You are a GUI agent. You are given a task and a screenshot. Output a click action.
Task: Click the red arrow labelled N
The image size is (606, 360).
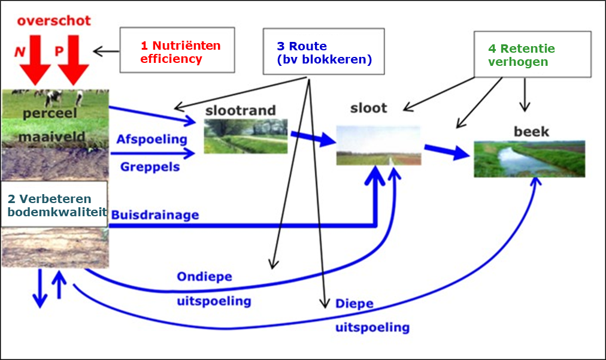point(35,60)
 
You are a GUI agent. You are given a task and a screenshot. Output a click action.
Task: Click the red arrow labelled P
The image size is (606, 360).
point(73,60)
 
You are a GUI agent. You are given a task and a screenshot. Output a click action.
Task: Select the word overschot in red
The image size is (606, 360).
point(54,20)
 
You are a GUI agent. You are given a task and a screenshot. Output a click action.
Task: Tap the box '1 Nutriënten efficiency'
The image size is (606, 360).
point(177,50)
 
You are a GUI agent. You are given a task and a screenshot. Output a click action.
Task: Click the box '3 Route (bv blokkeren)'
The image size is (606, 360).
point(324,52)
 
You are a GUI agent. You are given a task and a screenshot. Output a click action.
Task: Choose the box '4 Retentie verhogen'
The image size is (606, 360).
point(532,54)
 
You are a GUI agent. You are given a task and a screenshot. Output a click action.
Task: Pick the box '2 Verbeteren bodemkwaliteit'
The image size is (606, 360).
point(54,204)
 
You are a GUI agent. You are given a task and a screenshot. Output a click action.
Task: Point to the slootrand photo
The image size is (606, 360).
point(246,136)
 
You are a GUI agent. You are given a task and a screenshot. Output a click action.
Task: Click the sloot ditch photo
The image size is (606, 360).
point(378,146)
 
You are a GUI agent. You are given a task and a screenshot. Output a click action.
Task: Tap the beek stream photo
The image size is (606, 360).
point(529,159)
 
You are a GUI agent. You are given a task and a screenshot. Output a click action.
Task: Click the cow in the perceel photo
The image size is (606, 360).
point(54,98)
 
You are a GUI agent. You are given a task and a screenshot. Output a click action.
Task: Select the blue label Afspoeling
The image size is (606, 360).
point(152,139)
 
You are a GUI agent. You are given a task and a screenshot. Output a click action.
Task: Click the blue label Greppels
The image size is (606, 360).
point(150,167)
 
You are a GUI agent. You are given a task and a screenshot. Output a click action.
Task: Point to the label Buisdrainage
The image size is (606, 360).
point(155,215)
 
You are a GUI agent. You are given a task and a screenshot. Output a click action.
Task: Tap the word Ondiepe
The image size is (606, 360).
point(204,277)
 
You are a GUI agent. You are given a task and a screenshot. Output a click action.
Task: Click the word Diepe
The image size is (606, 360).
point(354,304)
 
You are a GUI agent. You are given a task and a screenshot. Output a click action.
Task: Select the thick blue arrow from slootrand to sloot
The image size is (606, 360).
point(313,138)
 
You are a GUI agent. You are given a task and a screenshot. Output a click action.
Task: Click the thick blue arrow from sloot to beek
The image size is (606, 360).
point(447,151)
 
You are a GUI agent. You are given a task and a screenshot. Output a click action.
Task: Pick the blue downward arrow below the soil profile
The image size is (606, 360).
point(40,289)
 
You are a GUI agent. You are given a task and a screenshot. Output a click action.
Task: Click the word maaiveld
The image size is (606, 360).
point(51,137)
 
